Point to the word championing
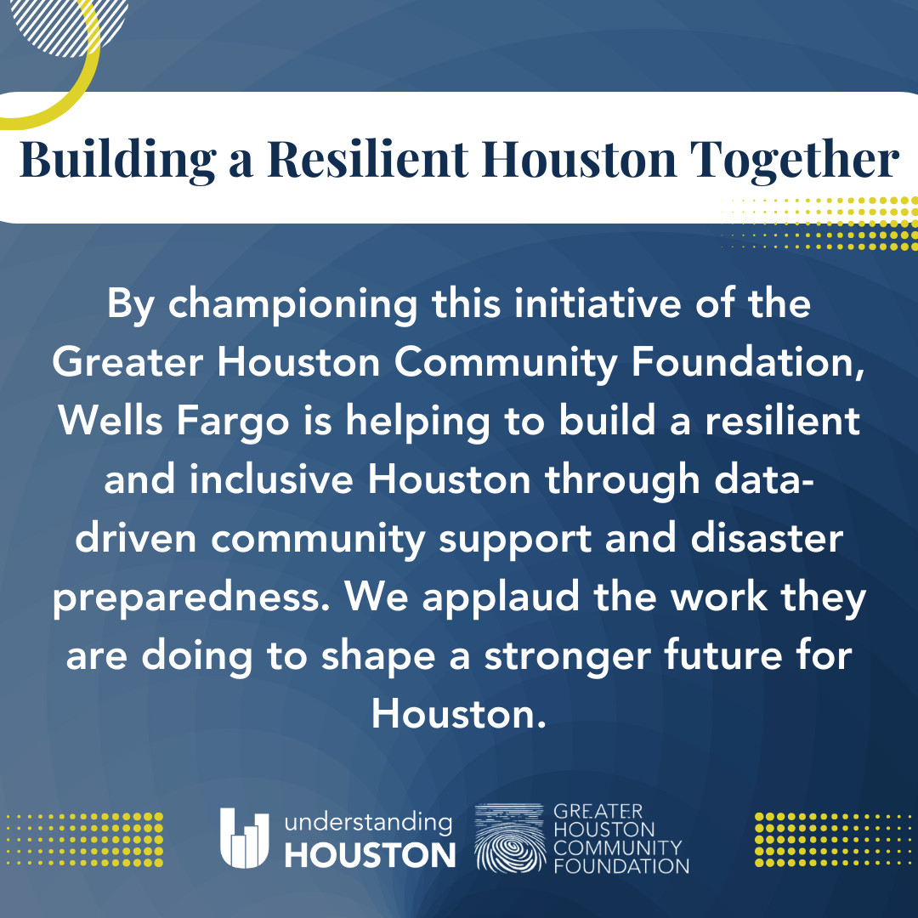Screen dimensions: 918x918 (x=292, y=304)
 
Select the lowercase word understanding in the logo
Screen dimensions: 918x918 (x=368, y=823)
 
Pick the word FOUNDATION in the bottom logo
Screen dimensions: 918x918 (x=620, y=867)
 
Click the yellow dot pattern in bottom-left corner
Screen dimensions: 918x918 (x=84, y=839)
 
